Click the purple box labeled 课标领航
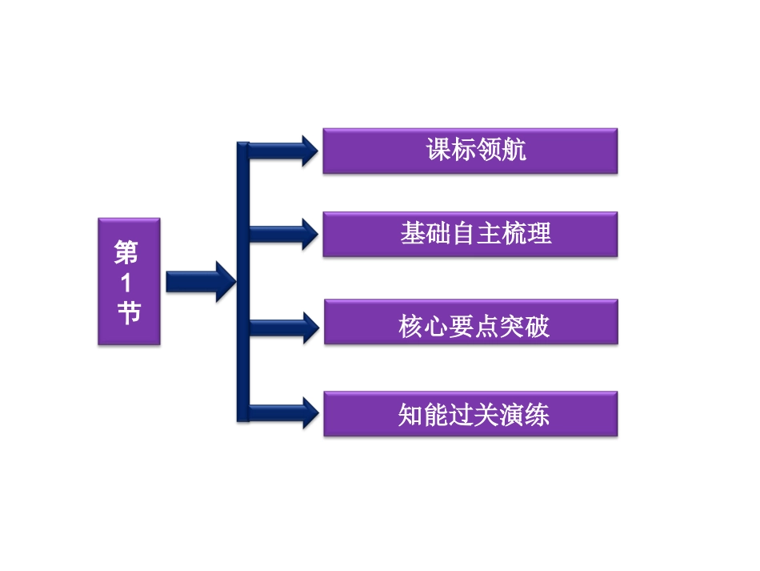pyautogui.click(x=470, y=151)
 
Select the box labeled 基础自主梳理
pyautogui.click(x=470, y=235)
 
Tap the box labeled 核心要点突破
pyautogui.click(x=471, y=322)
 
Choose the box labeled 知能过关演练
pyautogui.click(x=470, y=414)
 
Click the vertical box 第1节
pyautogui.click(x=129, y=282)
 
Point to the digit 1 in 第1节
pyautogui.click(x=126, y=283)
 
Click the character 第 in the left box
pyautogui.click(x=126, y=252)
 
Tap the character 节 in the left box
pyautogui.click(x=129, y=312)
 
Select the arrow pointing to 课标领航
pyautogui.click(x=283, y=151)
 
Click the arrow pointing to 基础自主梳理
pyautogui.click(x=283, y=235)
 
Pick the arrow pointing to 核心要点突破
pyautogui.click(x=284, y=328)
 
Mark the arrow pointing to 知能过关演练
pyautogui.click(x=284, y=413)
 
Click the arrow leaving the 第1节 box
pyautogui.click(x=201, y=282)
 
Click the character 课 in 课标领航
pyautogui.click(x=438, y=149)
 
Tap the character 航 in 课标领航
pyautogui.click(x=514, y=149)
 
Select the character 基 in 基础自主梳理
pyautogui.click(x=413, y=233)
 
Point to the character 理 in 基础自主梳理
pyautogui.click(x=539, y=233)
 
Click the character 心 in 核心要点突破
pyautogui.click(x=436, y=326)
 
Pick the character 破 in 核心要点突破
pyautogui.click(x=537, y=326)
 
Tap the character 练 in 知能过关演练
pyautogui.click(x=537, y=415)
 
